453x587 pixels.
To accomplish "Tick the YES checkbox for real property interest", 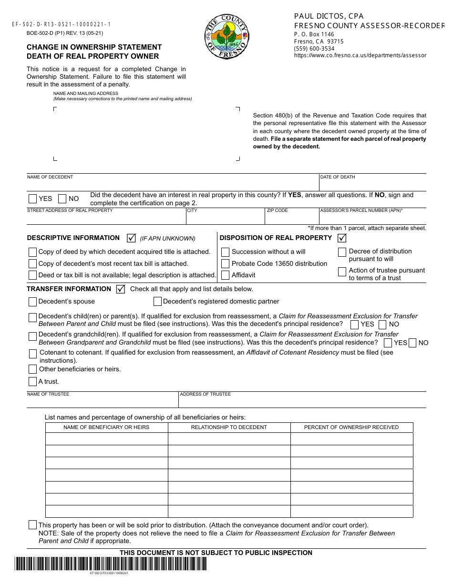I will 32,199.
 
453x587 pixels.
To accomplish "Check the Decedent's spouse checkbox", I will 32,302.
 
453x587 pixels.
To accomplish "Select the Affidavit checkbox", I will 226,275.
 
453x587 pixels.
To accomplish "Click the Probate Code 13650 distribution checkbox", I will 226,263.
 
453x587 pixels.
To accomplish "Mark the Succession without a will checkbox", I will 226,252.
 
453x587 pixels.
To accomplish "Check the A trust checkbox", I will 32,381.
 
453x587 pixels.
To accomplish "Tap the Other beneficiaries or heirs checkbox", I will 32,369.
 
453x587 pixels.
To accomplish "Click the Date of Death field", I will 372,185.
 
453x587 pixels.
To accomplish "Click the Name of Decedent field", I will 172,185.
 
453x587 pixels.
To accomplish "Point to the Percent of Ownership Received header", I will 351,427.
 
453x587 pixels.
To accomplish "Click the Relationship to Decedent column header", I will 229,427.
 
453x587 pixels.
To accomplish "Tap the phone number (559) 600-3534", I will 314,48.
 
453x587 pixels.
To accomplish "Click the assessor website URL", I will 360,55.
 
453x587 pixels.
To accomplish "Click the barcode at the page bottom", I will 111,564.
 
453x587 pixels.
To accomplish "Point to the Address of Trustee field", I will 302,401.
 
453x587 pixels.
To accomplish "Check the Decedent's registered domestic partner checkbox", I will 157,302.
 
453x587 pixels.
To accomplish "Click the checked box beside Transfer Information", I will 121,289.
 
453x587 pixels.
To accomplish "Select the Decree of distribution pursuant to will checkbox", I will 342,252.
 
